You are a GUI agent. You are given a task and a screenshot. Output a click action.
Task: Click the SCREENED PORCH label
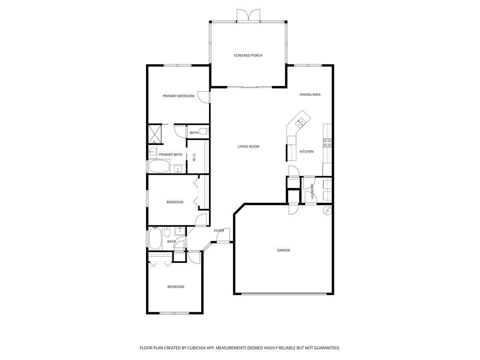[x=248, y=56]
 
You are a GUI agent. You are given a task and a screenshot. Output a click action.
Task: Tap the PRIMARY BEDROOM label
[x=178, y=96]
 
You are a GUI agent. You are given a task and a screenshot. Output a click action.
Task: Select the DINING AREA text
[x=310, y=94]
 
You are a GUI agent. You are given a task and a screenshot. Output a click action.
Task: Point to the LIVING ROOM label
[x=248, y=146]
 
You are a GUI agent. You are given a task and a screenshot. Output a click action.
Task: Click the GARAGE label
[x=284, y=250]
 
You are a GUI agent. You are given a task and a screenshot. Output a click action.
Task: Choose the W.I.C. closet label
[x=194, y=157]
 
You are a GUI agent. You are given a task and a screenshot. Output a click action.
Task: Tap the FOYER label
[x=219, y=231]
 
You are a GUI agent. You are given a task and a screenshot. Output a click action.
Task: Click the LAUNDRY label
[x=312, y=192]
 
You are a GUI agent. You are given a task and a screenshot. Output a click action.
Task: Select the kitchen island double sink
[x=300, y=123]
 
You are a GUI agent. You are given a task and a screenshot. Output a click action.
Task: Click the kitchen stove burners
[x=328, y=143]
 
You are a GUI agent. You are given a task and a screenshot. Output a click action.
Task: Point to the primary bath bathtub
[x=159, y=166]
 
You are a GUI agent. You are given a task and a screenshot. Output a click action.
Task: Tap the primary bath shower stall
[x=155, y=134]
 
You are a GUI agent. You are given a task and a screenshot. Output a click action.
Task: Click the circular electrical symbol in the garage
[x=327, y=211]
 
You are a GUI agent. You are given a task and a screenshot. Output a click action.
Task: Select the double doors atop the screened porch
[x=248, y=16]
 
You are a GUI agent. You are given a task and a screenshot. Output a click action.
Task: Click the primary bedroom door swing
[x=204, y=97]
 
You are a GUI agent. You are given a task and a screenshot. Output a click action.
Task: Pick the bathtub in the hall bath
[x=155, y=238]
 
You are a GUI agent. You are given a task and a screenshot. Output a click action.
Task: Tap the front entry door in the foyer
[x=223, y=235]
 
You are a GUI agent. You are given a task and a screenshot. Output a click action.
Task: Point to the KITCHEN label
[x=306, y=152]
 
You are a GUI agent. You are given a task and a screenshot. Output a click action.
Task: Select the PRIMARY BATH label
[x=170, y=154]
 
